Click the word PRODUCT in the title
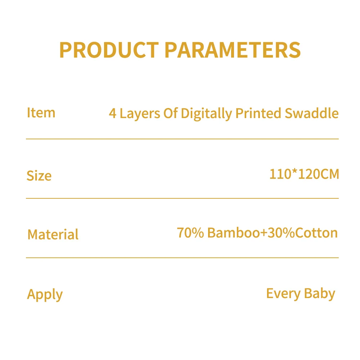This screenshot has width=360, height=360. pos(109,50)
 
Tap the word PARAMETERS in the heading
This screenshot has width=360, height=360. pos(233,50)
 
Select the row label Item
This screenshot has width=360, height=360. pos(41,113)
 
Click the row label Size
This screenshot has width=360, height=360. pos(39,176)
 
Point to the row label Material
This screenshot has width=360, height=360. pos(53,234)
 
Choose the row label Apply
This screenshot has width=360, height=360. pos(45,294)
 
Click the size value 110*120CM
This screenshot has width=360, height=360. pos(304,174)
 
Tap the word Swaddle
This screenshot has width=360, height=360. pos(312,113)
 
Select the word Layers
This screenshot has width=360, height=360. pos(140,114)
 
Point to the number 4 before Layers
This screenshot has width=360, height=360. pos(113,114)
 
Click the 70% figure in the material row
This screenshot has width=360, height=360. pos(190,233)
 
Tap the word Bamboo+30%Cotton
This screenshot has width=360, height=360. pos(273,233)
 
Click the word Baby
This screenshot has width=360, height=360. pos(319,294)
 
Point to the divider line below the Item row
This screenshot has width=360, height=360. pos(182,139)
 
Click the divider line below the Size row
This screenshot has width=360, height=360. pos(182,198)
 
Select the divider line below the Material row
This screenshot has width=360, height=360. pos(182,257)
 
